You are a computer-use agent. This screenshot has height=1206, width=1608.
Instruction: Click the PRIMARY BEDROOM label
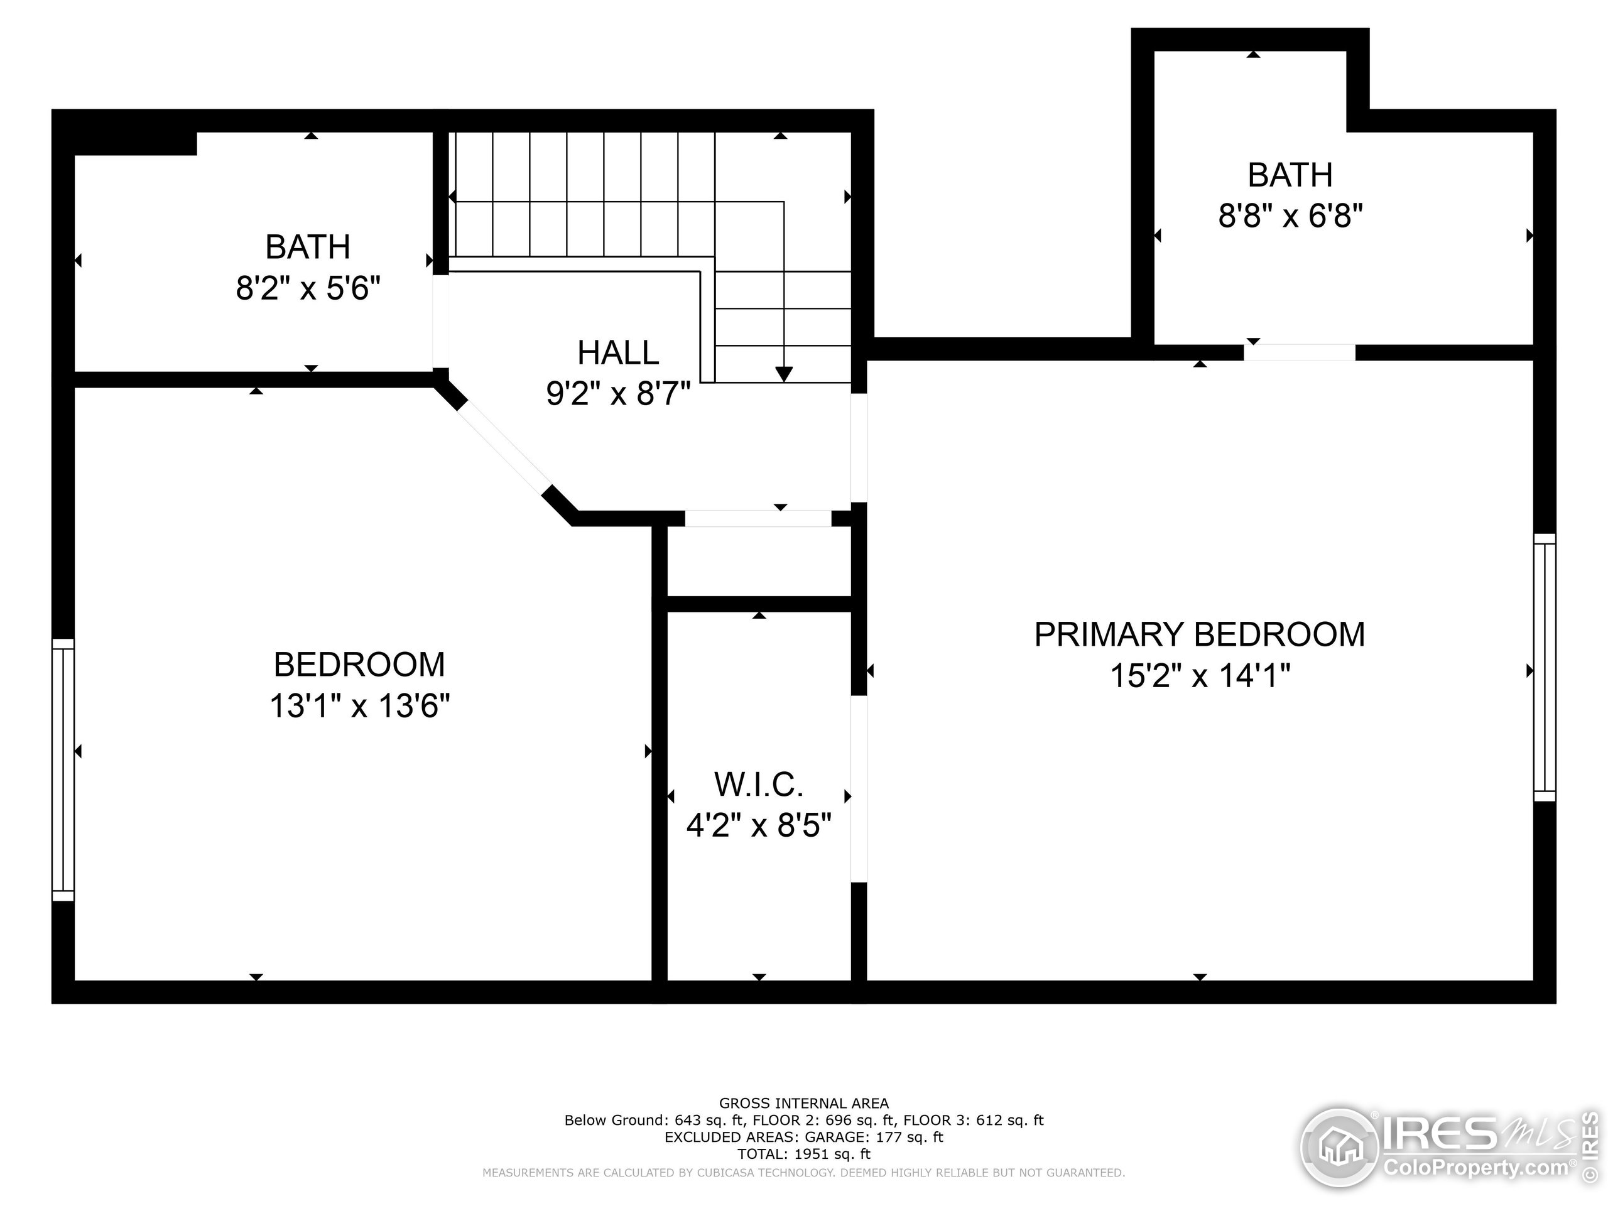1200,634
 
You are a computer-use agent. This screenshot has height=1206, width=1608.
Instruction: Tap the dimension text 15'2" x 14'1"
1200,676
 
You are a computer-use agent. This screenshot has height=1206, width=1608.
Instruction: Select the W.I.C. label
758,785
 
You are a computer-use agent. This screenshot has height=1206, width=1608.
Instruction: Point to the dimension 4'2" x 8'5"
758,826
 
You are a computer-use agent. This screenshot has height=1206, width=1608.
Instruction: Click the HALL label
618,353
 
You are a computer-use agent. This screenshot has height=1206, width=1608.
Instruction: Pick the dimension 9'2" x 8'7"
618,394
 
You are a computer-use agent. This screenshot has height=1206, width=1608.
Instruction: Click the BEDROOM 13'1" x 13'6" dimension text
360,706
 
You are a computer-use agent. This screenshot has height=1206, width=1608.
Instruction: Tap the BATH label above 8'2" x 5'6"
308,247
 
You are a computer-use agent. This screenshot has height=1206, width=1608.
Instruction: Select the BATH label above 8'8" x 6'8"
1290,175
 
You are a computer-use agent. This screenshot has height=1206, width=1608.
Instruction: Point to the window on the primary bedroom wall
1545,667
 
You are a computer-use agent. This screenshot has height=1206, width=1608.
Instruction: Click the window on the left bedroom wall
63,770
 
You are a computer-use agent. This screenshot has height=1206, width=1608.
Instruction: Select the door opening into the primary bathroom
1299,352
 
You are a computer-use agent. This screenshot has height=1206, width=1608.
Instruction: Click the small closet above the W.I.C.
758,560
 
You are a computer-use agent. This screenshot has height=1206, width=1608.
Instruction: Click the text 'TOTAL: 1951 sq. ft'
803,1154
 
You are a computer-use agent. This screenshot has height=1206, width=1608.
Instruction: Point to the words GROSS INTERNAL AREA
803,1104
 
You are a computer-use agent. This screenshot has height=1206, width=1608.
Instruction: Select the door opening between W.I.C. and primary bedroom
859,790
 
